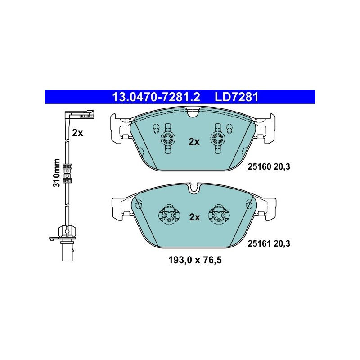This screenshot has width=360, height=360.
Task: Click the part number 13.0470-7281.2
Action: (x=156, y=97)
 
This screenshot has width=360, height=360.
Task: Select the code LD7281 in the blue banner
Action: (x=237, y=97)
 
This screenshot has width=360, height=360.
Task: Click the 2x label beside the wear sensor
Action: (x=77, y=133)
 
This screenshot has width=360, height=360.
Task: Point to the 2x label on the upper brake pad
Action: (x=194, y=142)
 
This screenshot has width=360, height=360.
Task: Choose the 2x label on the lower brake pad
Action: (x=195, y=217)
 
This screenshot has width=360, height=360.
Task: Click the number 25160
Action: (x=260, y=166)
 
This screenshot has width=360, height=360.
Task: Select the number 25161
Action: (x=260, y=243)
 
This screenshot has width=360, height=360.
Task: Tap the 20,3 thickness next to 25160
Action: (x=282, y=166)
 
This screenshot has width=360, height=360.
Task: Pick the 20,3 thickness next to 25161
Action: (x=282, y=243)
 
